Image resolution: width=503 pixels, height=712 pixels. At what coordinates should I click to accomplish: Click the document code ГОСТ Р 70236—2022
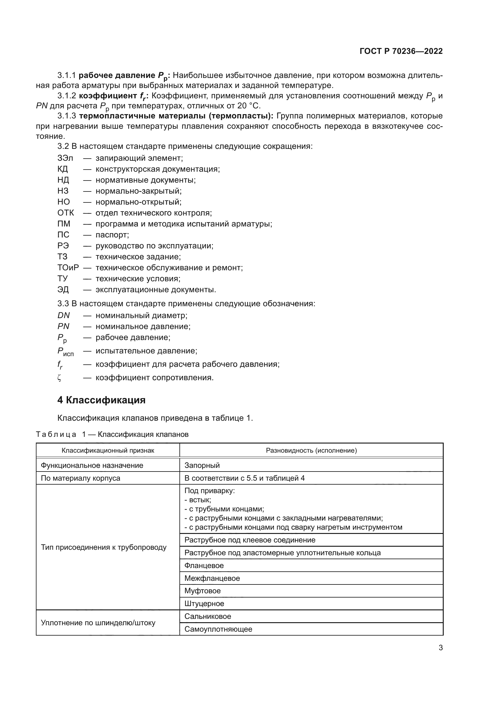point(401,51)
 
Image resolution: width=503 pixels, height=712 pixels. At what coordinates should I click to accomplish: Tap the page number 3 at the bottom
point(441,647)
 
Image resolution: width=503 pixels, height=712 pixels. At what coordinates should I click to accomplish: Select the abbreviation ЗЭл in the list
point(65,158)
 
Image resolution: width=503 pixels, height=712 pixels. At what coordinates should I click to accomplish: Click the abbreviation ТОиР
point(68,268)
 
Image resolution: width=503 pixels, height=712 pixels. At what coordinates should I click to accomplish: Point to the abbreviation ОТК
point(65,213)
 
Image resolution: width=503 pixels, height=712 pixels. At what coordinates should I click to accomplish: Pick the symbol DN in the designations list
point(64,315)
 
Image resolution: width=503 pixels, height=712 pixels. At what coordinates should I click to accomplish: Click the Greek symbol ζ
point(60,378)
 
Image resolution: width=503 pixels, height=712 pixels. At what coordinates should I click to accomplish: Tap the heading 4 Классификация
point(101,400)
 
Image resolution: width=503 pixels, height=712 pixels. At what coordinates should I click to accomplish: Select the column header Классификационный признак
point(108,451)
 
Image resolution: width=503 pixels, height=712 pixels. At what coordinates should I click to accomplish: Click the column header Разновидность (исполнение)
point(311,451)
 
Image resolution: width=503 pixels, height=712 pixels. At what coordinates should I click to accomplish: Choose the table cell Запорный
point(202,465)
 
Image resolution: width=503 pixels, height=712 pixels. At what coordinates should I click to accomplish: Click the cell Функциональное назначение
point(92,465)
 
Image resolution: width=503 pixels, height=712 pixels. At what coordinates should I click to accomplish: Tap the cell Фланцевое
point(204,565)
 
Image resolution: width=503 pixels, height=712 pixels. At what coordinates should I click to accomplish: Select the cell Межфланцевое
point(212,578)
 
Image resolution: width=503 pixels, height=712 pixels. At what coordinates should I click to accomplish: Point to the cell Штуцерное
point(204,603)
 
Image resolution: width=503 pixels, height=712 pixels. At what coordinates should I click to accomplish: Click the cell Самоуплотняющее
point(218,629)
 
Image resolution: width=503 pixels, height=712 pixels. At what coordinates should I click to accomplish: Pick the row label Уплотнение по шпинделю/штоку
point(98,623)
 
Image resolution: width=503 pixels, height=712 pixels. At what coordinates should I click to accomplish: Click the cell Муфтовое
point(203,591)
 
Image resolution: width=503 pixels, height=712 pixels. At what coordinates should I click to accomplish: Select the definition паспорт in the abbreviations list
point(112,235)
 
